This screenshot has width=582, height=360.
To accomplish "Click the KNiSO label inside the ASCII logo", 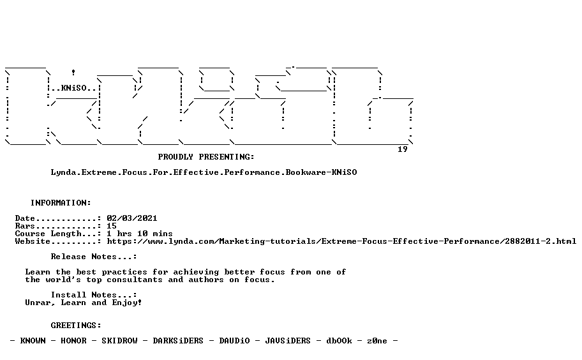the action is click(x=73, y=88).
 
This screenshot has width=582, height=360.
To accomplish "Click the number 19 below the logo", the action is click(x=402, y=149).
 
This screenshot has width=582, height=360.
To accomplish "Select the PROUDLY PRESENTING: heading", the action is click(x=206, y=157).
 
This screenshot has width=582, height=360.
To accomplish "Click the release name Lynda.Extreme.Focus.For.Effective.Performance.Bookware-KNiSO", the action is click(x=204, y=172).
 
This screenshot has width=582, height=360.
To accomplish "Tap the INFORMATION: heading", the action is click(x=61, y=203).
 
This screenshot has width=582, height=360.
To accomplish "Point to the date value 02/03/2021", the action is click(x=131, y=218).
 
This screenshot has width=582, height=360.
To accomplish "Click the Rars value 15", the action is click(x=111, y=226).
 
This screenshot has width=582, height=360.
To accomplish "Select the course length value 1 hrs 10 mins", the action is click(x=140, y=234).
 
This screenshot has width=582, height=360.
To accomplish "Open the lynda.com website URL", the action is click(x=341, y=242).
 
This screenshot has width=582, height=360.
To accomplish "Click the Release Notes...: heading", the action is click(x=94, y=257).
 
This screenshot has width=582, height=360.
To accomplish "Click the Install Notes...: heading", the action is click(x=94, y=295).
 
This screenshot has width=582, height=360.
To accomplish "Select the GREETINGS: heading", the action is click(x=76, y=326).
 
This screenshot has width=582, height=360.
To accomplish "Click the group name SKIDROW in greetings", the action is click(x=119, y=341).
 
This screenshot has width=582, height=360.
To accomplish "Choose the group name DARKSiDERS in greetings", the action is click(x=178, y=341).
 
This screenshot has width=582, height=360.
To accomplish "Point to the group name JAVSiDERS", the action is click(x=288, y=341).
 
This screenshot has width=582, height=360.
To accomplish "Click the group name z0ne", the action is click(x=377, y=341).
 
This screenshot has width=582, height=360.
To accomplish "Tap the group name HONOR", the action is click(x=73, y=341).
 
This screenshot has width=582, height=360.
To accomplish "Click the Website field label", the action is click(x=33, y=242).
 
